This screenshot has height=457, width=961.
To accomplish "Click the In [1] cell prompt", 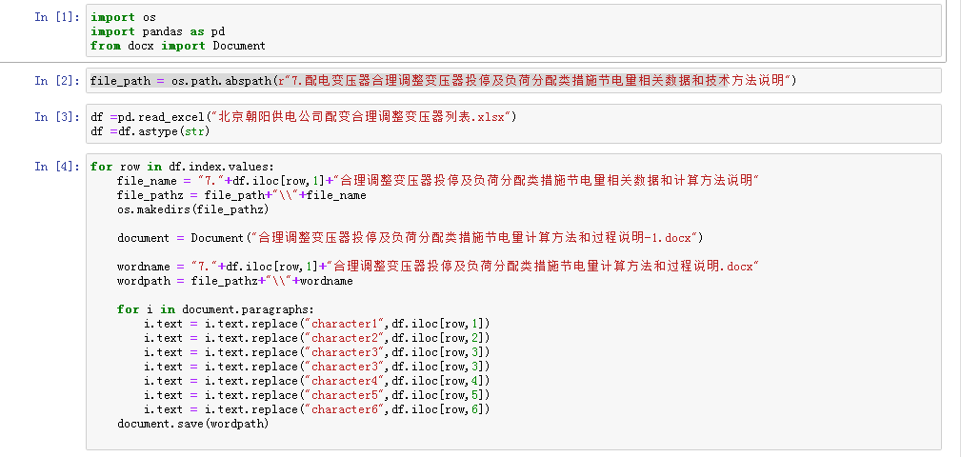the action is coord(57,17).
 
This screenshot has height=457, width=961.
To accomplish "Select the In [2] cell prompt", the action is coord(57,81).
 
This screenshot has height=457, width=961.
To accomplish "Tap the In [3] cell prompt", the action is coord(57,117).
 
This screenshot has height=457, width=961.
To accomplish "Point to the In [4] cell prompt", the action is coord(57,167).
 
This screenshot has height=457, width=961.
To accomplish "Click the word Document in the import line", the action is coord(239,46).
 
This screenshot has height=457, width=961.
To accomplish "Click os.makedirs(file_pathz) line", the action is coord(193,209).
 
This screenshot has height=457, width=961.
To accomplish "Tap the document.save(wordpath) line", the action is coord(193,424).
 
